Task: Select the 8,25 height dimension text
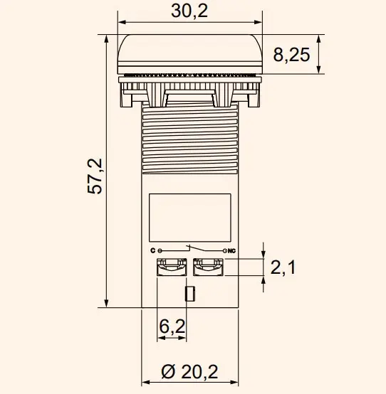click(291, 55)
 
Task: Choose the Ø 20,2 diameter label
click(189, 371)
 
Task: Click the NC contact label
click(231, 251)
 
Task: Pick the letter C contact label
click(152, 251)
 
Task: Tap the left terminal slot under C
click(171, 267)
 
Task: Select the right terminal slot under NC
click(208, 267)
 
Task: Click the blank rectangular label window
click(189, 218)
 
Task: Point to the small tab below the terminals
click(189, 294)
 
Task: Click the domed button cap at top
click(189, 53)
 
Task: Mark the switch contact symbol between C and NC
click(191, 250)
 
